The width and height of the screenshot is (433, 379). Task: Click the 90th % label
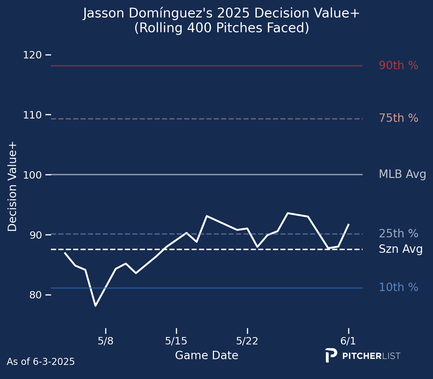tap(398, 65)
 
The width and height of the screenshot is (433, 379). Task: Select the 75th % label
tap(398, 118)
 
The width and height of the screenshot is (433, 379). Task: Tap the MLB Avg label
tap(402, 174)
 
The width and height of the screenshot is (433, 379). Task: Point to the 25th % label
tap(398, 234)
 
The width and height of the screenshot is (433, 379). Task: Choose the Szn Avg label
tap(400, 249)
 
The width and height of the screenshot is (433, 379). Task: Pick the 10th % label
tap(398, 287)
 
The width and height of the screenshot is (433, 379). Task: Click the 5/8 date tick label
tap(106, 341)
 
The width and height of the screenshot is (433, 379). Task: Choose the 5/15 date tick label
tap(176, 341)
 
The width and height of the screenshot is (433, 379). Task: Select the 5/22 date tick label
tap(247, 341)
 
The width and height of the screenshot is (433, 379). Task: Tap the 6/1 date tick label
tap(348, 341)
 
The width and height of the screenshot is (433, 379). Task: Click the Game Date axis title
tap(206, 356)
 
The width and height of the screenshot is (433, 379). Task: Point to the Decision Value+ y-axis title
tap(12, 187)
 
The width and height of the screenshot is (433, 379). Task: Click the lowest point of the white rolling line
tap(96, 305)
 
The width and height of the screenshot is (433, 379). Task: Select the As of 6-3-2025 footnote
tap(41, 362)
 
